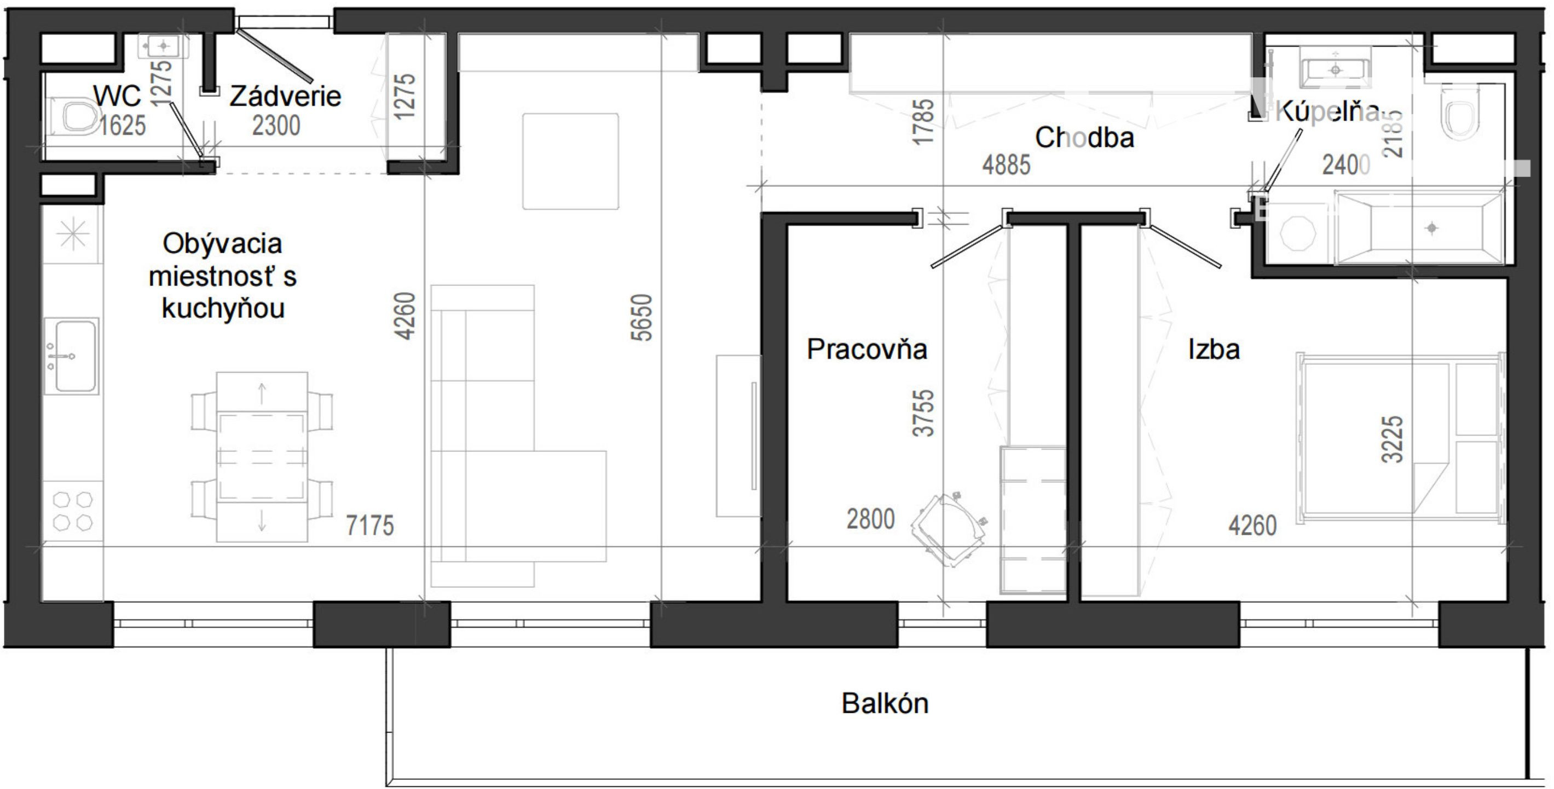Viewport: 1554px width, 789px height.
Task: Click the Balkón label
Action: point(885,704)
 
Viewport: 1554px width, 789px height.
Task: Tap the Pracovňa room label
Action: point(867,349)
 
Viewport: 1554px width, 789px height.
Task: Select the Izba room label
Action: point(1214,349)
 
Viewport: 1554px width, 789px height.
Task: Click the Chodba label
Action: point(1084,138)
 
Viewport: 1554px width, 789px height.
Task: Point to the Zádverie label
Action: point(285,96)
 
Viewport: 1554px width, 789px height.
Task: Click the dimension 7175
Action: point(370,525)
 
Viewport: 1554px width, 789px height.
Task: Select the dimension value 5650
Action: point(643,318)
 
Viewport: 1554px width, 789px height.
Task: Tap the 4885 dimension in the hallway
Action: point(1006,165)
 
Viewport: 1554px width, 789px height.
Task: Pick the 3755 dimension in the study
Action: point(923,414)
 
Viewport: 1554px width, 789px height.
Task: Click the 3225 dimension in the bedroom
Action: point(1393,439)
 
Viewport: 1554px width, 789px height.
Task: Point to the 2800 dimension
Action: point(870,519)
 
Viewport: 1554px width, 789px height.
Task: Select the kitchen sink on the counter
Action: point(72,356)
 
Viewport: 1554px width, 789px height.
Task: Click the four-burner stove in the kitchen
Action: point(72,511)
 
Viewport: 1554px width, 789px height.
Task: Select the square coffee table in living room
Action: point(570,161)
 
